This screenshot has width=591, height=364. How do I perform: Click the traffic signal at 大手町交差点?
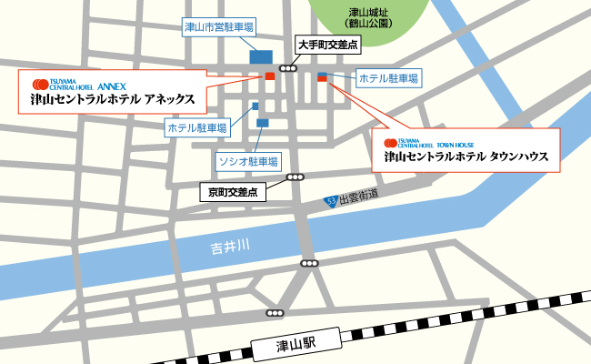pyautogui.click(x=289, y=68)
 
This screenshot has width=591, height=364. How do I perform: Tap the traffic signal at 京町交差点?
pyautogui.click(x=295, y=177)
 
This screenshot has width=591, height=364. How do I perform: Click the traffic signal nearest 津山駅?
pyautogui.click(x=275, y=313)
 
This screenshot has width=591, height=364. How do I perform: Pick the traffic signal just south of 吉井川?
pyautogui.click(x=309, y=264)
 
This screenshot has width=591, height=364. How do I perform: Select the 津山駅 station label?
pyautogui.click(x=296, y=343)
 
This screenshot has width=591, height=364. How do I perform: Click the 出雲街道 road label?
pyautogui.click(x=359, y=196)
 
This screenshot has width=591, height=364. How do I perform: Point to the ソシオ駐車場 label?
pyautogui.click(x=246, y=161)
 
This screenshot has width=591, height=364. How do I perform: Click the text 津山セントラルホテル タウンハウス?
pyautogui.click(x=466, y=157)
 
